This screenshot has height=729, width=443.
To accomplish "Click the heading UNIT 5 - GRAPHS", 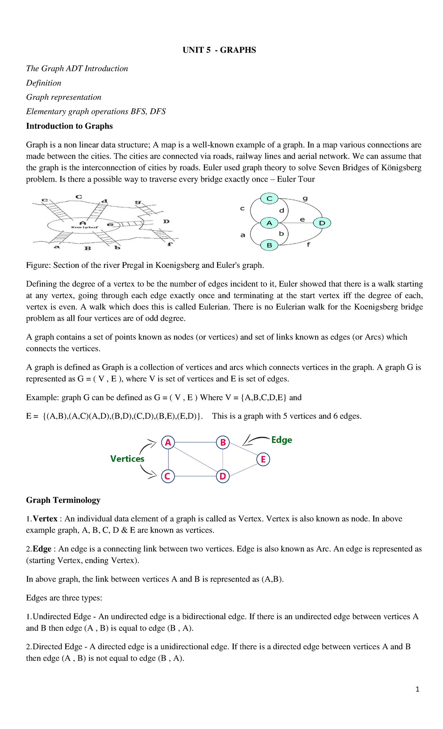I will click(x=219, y=50).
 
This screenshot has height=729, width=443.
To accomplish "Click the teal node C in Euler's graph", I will click(x=269, y=198).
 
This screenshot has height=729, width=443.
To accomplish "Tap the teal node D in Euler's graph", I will click(x=322, y=223).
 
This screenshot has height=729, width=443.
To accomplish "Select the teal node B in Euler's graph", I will click(x=269, y=245).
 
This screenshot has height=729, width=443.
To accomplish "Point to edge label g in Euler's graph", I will click(x=305, y=198).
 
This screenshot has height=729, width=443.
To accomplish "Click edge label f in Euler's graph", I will click(x=308, y=244).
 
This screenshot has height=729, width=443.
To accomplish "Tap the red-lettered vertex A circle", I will click(x=168, y=442).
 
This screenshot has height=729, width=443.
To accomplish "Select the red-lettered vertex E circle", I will click(x=263, y=459).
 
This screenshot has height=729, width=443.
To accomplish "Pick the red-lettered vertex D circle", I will click(x=223, y=476).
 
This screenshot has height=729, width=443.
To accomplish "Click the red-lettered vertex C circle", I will click(x=168, y=476).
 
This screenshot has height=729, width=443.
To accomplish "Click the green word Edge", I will click(x=281, y=440).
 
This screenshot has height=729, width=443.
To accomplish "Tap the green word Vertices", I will click(x=127, y=459).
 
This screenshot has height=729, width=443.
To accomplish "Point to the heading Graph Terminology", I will click(x=63, y=500).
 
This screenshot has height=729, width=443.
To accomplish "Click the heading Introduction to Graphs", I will click(x=69, y=126).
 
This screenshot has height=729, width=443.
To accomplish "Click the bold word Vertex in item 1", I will click(x=45, y=519).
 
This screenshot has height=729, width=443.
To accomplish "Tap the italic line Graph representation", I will click(x=63, y=97).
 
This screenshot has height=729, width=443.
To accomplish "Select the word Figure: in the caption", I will click(x=38, y=265).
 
